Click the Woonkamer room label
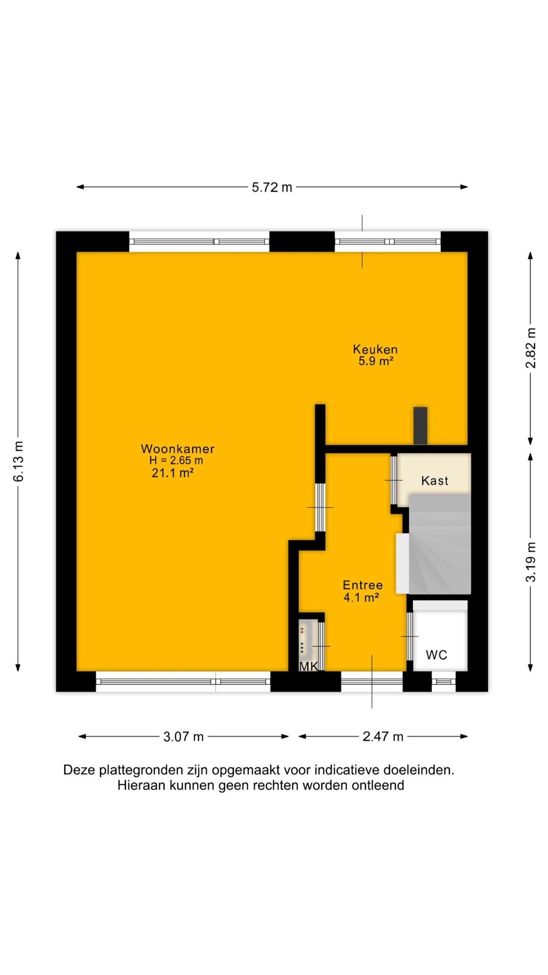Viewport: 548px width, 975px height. tap(178, 449)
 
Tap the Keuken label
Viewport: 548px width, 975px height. tap(375, 349)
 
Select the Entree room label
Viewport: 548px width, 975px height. tap(363, 585)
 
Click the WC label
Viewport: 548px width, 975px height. tap(436, 655)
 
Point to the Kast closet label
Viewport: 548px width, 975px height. tap(435, 481)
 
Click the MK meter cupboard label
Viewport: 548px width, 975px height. tap(309, 666)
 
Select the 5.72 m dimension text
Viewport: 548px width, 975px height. tap(272, 187)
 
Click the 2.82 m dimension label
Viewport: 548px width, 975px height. tap(530, 348)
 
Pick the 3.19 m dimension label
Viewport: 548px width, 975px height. tap(530, 562)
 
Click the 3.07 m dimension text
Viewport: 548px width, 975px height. tap(183, 737)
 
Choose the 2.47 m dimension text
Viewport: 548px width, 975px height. tap(383, 737)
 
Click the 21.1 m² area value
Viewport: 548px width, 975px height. tap(173, 473)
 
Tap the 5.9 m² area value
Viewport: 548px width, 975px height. tap(376, 361)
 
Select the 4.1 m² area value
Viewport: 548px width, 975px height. tap(361, 597)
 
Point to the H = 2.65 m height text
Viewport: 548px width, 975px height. tap(176, 460)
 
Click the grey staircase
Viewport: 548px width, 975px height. tap(440, 544)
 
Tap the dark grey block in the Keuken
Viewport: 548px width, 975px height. tap(421, 425)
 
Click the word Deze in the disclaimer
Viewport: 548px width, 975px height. tap(79, 770)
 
